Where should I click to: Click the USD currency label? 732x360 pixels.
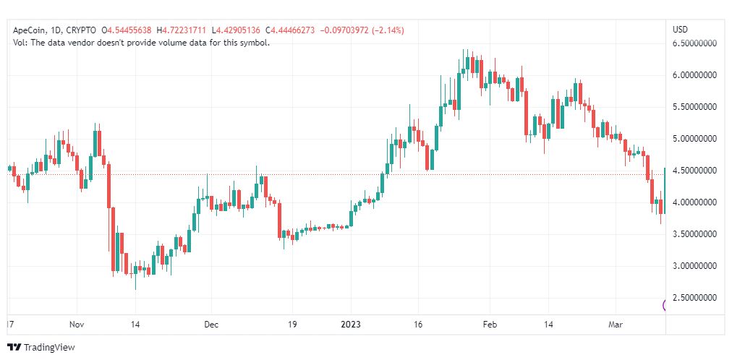[x=680, y=30]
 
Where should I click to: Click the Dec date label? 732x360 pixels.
[x=210, y=325]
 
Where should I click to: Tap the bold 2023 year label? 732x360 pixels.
[x=352, y=325]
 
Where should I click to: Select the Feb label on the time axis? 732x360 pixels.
[x=490, y=325]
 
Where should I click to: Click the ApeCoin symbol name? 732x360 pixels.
[x=31, y=30]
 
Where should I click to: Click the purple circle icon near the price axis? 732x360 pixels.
[x=665, y=305]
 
